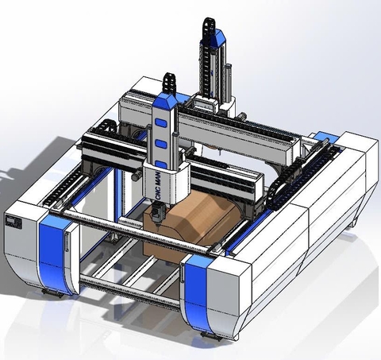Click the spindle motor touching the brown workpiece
pos(156,213)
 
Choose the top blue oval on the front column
pos(164,122)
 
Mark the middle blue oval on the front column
pos(163,141)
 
